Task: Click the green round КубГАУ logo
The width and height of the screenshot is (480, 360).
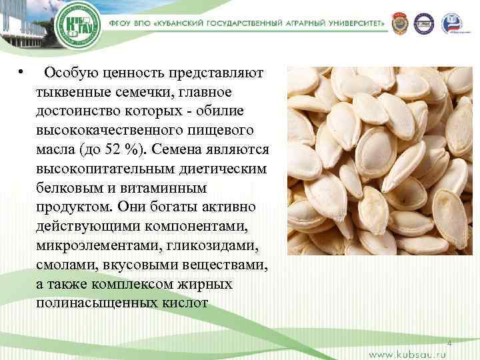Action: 77,27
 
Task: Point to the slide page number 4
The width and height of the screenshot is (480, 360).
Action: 449,342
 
